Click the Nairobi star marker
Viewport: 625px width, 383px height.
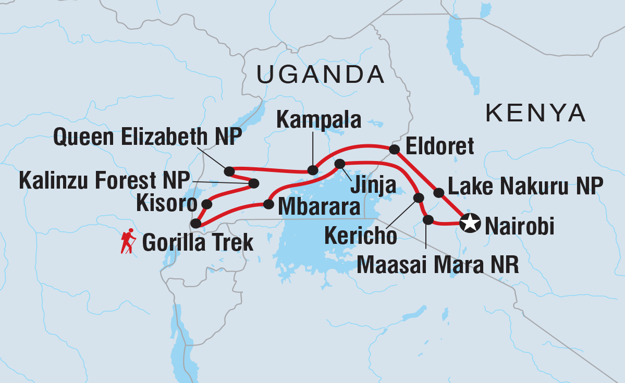click(470, 224)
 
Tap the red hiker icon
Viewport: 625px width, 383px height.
click(127, 242)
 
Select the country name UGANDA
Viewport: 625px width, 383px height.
click(321, 75)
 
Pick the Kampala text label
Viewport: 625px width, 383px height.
click(318, 120)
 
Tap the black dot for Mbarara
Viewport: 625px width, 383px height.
click(268, 204)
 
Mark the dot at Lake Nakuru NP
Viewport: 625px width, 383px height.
click(439, 193)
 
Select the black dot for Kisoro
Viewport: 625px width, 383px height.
click(207, 204)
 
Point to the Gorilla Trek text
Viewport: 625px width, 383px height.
click(198, 242)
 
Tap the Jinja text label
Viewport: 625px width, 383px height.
click(373, 184)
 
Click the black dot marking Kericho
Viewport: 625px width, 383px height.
click(418, 197)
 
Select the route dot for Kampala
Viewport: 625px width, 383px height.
click(312, 170)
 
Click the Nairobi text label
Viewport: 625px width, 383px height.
click(519, 227)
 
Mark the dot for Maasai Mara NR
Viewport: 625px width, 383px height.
click(428, 220)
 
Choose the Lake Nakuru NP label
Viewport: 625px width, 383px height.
click(525, 184)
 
